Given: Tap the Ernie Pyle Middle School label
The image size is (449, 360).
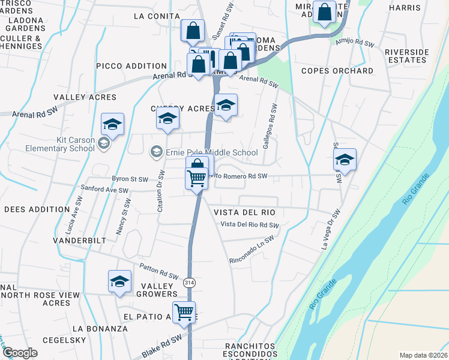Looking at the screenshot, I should pyautogui.click(x=212, y=152).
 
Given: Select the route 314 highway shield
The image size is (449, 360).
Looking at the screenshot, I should pyautogui.click(x=190, y=282).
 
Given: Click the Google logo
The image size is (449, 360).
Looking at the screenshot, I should pyautogui.click(x=20, y=353).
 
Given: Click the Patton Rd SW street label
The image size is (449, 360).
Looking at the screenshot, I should pyautogui.click(x=159, y=272).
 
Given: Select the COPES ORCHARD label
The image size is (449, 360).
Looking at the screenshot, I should pyautogui.click(x=337, y=71).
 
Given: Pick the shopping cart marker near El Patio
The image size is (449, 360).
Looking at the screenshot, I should pyautogui.click(x=184, y=311).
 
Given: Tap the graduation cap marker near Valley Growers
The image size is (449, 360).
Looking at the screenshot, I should pyautogui.click(x=119, y=281).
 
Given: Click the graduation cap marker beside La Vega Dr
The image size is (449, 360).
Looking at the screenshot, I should pyautogui.click(x=345, y=160).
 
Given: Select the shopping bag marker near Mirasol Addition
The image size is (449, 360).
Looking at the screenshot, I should pyautogui.click(x=324, y=13).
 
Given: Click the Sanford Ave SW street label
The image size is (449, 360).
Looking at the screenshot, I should pyautogui.click(x=105, y=190).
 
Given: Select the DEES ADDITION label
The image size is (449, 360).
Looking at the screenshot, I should pyautogui.click(x=37, y=209).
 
